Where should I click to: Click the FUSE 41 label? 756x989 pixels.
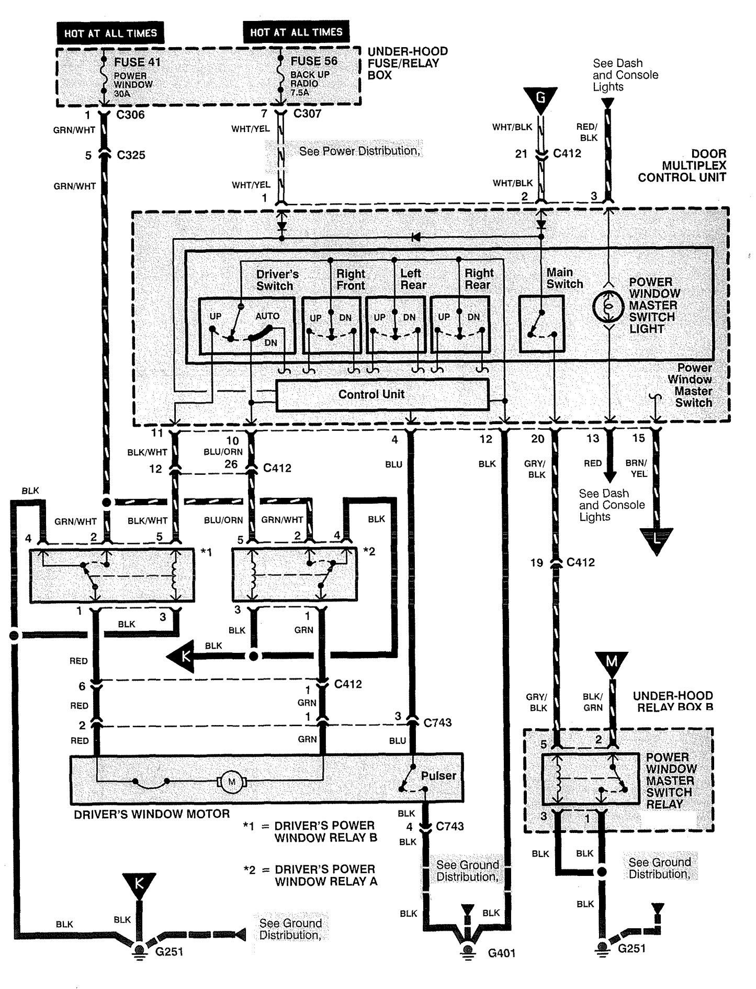pyautogui.click(x=138, y=62)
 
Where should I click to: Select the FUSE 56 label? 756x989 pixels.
pyautogui.click(x=314, y=61)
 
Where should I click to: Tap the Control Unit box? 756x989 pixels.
pyautogui.click(x=382, y=394)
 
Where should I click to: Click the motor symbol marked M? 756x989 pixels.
pyautogui.click(x=231, y=782)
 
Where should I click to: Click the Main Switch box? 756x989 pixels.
pyautogui.click(x=541, y=324)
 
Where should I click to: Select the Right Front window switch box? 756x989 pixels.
pyautogui.click(x=332, y=325)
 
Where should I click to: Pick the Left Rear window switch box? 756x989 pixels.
pyautogui.click(x=396, y=325)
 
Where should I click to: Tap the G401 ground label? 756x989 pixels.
pyautogui.click(x=502, y=953)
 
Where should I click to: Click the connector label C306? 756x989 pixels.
pyautogui.click(x=131, y=114)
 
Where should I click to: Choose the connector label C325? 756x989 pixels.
pyautogui.click(x=131, y=155)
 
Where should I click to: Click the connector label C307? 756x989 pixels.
pyautogui.click(x=307, y=113)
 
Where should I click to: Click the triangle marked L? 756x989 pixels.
pyautogui.click(x=656, y=541)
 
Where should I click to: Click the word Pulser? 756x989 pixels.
pyautogui.click(x=438, y=775)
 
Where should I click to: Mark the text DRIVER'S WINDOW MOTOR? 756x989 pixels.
pyautogui.click(x=152, y=814)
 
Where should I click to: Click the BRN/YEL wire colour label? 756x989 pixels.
pyautogui.click(x=636, y=468)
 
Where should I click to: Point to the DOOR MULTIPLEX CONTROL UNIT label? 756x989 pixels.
pyautogui.click(x=682, y=165)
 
